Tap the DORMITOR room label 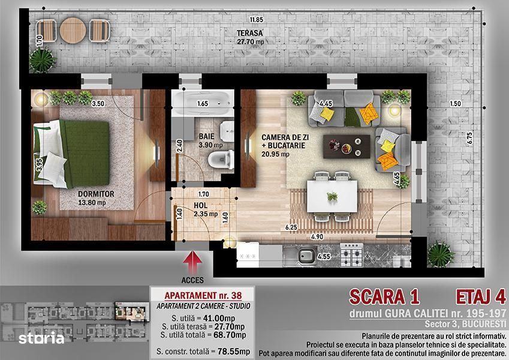click(96, 194)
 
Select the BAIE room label click(207, 137)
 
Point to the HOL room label click(200, 206)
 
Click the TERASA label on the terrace click(249, 33)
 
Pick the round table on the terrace click(73, 31)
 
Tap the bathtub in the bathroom click(203, 103)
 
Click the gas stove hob click(352, 255)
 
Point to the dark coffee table click(347, 146)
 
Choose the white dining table click(332, 196)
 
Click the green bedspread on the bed click(86, 154)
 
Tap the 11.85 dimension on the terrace click(257, 19)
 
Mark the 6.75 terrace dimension click(469, 138)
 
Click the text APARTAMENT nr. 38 click(203, 295)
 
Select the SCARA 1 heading click(384, 297)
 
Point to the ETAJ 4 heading click(481, 297)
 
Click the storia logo click(41, 339)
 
